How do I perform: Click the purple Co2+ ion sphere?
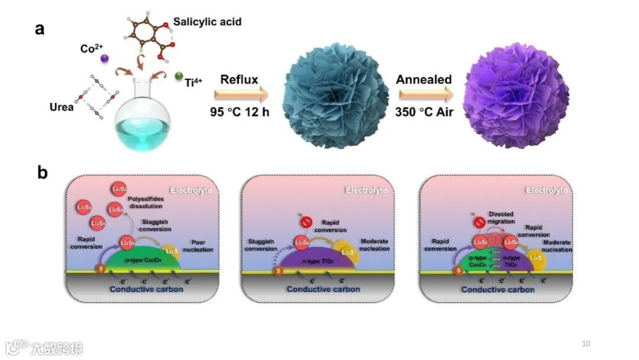[105, 58]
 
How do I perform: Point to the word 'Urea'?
[62, 107]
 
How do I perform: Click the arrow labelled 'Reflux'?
[241, 94]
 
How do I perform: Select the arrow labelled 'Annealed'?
[425, 94]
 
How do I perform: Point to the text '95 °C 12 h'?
[240, 111]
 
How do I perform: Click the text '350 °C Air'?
[425, 111]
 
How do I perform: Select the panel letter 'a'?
[40, 28]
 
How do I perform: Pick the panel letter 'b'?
[42, 173]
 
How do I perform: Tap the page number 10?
[586, 344]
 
